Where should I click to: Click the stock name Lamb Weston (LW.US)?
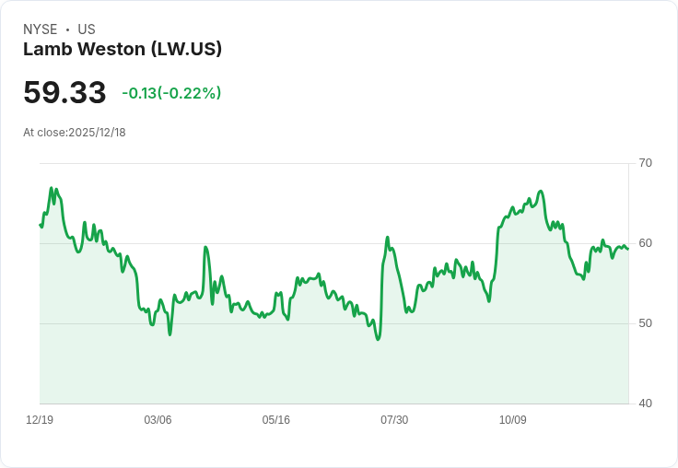(123, 50)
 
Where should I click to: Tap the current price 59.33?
(64, 93)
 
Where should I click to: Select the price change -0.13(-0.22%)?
(171, 93)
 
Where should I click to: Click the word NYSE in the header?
(41, 29)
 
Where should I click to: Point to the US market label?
(87, 29)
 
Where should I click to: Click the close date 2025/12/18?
(97, 133)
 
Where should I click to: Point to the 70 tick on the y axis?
(646, 163)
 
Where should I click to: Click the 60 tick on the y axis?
(646, 243)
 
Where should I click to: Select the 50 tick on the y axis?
(646, 323)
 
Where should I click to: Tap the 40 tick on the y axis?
(646, 404)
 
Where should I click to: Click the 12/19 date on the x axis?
(40, 420)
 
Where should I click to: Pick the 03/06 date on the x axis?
(158, 420)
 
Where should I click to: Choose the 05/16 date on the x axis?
(275, 420)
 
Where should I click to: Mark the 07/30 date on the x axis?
(394, 420)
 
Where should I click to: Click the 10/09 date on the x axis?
(512, 420)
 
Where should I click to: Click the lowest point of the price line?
(378, 340)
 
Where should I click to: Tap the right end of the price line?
(628, 249)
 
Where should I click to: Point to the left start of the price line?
(40, 225)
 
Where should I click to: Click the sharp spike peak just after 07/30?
(388, 238)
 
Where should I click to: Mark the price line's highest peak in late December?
(52, 188)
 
